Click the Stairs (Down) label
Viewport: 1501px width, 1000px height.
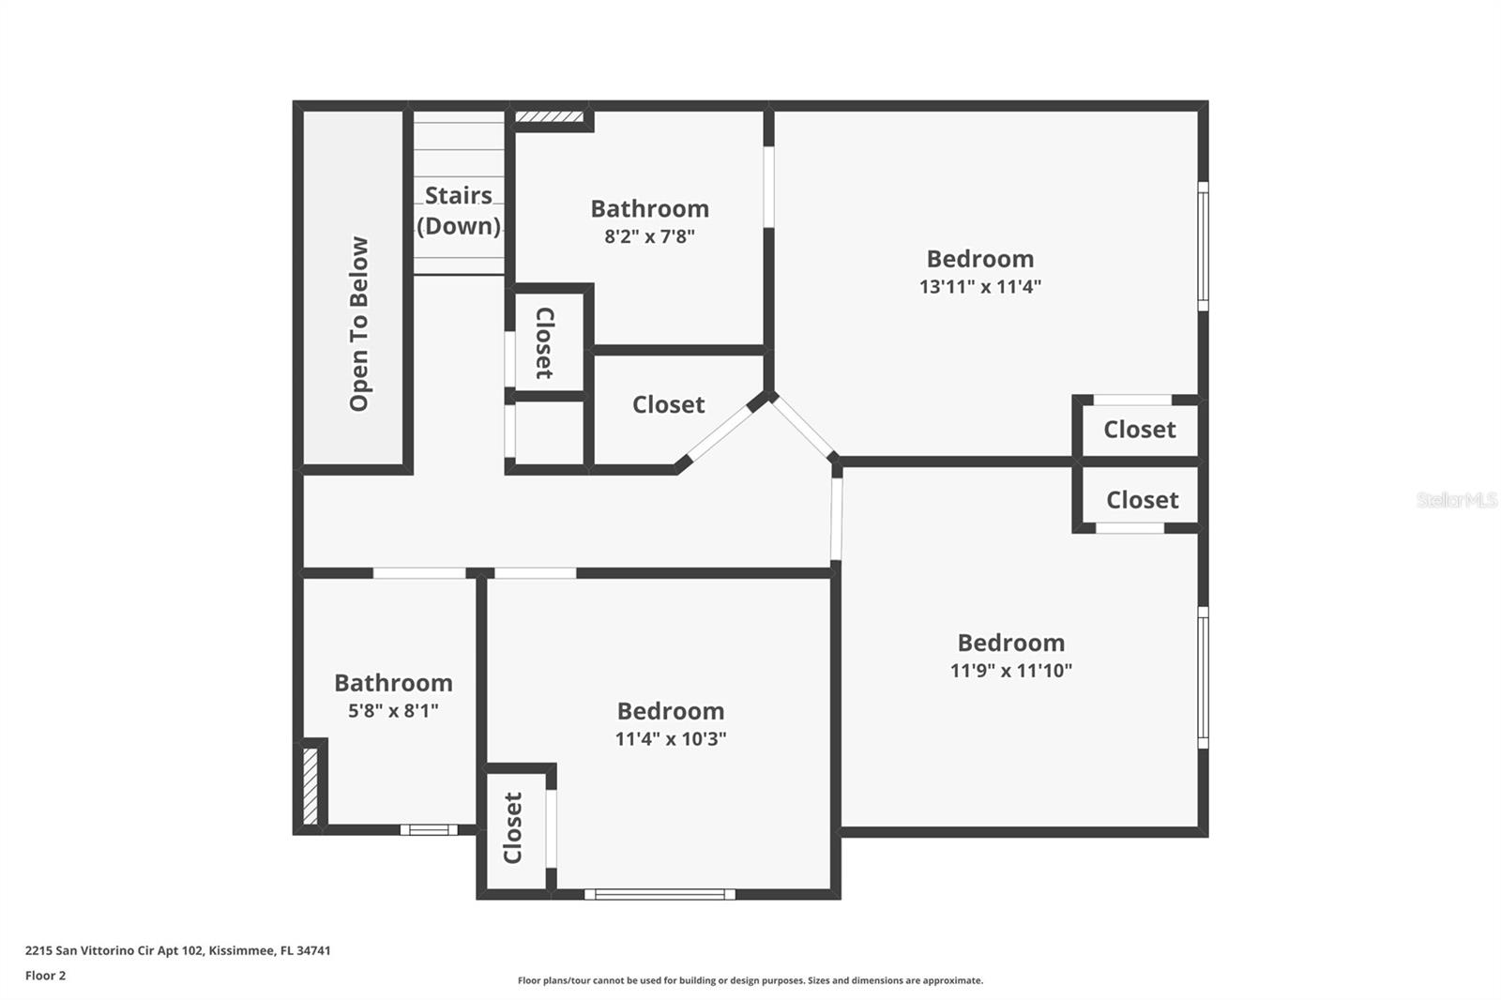458,210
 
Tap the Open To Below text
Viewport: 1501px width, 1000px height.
359,324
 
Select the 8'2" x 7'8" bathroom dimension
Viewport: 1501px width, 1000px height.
649,236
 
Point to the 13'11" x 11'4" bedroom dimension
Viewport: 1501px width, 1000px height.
979,286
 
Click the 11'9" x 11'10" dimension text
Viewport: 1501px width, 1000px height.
1010,670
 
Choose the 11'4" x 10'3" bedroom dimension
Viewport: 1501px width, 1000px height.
670,738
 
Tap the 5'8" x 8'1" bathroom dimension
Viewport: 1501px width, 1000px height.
393,710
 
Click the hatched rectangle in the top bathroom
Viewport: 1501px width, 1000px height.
550,117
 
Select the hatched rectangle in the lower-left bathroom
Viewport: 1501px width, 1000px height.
311,784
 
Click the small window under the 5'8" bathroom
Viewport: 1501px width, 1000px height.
429,829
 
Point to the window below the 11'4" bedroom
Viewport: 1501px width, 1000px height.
660,894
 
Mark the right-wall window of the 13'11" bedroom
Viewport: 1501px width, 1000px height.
1203,246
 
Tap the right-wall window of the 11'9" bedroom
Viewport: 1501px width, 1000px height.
1203,676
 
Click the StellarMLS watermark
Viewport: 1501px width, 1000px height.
1456,500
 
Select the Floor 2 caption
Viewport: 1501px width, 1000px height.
45,976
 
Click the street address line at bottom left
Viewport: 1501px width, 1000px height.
177,950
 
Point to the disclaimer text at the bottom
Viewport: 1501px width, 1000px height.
750,980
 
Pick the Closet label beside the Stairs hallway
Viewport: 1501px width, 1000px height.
544,342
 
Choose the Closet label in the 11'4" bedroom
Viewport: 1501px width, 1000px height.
512,827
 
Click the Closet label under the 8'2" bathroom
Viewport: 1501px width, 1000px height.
668,404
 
